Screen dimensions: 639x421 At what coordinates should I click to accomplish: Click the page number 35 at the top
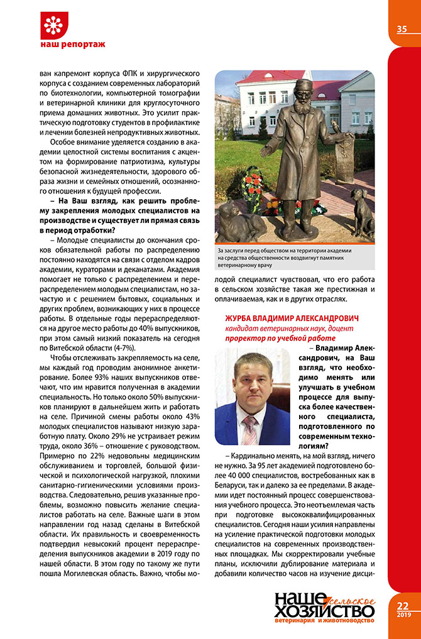402,29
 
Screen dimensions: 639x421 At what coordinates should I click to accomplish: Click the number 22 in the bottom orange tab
403,606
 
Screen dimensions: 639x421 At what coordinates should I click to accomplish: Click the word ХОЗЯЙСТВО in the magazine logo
324,609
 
